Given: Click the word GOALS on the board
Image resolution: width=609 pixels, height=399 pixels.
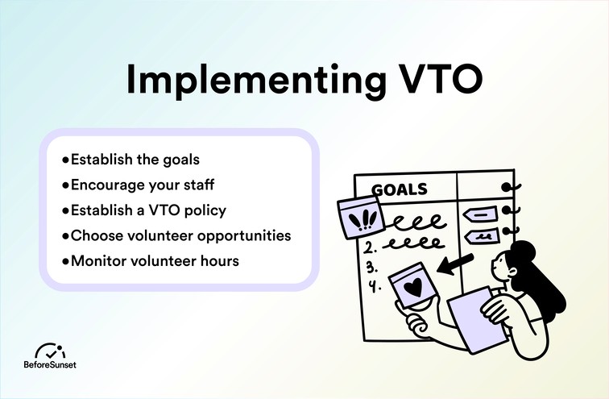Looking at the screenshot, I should pyautogui.click(x=400, y=190).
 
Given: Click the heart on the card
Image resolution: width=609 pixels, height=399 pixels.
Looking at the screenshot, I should pyautogui.click(x=412, y=285).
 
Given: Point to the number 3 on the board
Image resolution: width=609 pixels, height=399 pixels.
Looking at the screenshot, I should pyautogui.click(x=371, y=266).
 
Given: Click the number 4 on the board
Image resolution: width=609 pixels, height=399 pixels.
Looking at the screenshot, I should pyautogui.click(x=371, y=286).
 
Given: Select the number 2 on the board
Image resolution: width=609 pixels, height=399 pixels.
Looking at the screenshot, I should pyautogui.click(x=370, y=247).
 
